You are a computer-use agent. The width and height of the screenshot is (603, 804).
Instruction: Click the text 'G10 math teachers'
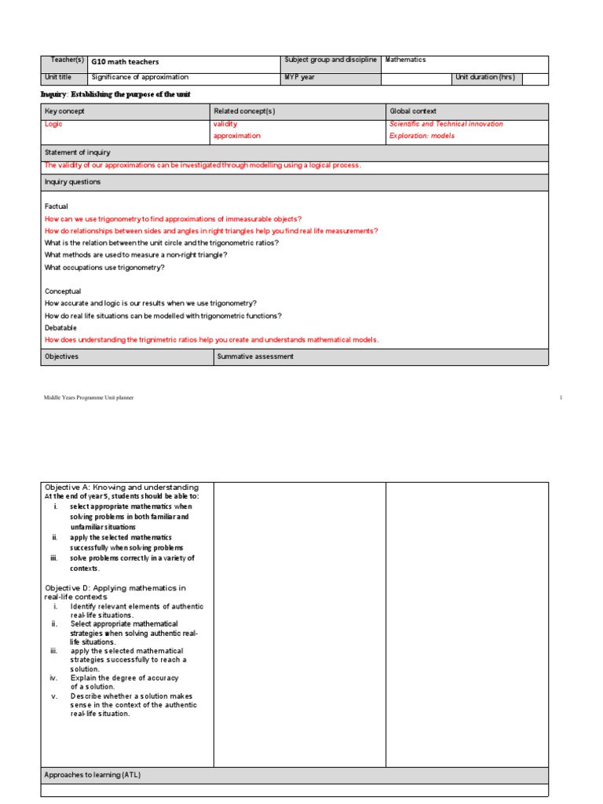(x=126, y=62)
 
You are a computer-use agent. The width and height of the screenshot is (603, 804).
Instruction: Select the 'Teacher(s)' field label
(x=67, y=60)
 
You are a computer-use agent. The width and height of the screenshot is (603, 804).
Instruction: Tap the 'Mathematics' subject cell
(x=406, y=60)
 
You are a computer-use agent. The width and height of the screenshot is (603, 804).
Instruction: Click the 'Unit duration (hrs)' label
(x=485, y=77)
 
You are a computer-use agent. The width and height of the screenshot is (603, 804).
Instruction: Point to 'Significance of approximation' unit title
(x=140, y=77)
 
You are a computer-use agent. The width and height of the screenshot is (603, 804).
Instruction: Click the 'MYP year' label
(x=300, y=77)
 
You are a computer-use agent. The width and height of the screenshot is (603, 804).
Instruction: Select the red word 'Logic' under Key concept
(x=53, y=124)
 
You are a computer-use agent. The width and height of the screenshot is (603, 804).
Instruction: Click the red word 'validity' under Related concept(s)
(x=225, y=124)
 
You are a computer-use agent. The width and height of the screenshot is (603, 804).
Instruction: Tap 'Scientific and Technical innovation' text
(x=446, y=124)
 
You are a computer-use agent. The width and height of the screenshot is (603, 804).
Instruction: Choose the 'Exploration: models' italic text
(x=422, y=136)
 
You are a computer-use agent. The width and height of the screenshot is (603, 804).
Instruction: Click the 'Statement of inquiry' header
(x=78, y=153)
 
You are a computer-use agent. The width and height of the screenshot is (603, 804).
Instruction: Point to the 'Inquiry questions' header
(x=72, y=182)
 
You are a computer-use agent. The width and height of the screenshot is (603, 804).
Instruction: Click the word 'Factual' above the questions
(x=57, y=206)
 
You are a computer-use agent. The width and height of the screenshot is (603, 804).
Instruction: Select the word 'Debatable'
(x=61, y=327)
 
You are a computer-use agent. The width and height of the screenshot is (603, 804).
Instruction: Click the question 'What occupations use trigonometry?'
(x=104, y=268)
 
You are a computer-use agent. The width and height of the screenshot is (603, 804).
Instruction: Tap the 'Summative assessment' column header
(x=255, y=356)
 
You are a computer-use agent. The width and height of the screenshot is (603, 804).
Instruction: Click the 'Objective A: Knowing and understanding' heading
(x=122, y=488)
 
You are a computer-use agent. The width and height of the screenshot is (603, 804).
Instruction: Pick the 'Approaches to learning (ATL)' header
(x=93, y=775)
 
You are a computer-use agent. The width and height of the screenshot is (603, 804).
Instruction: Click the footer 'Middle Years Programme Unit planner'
(x=89, y=398)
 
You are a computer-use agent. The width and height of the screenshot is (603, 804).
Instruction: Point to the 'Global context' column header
(x=413, y=111)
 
